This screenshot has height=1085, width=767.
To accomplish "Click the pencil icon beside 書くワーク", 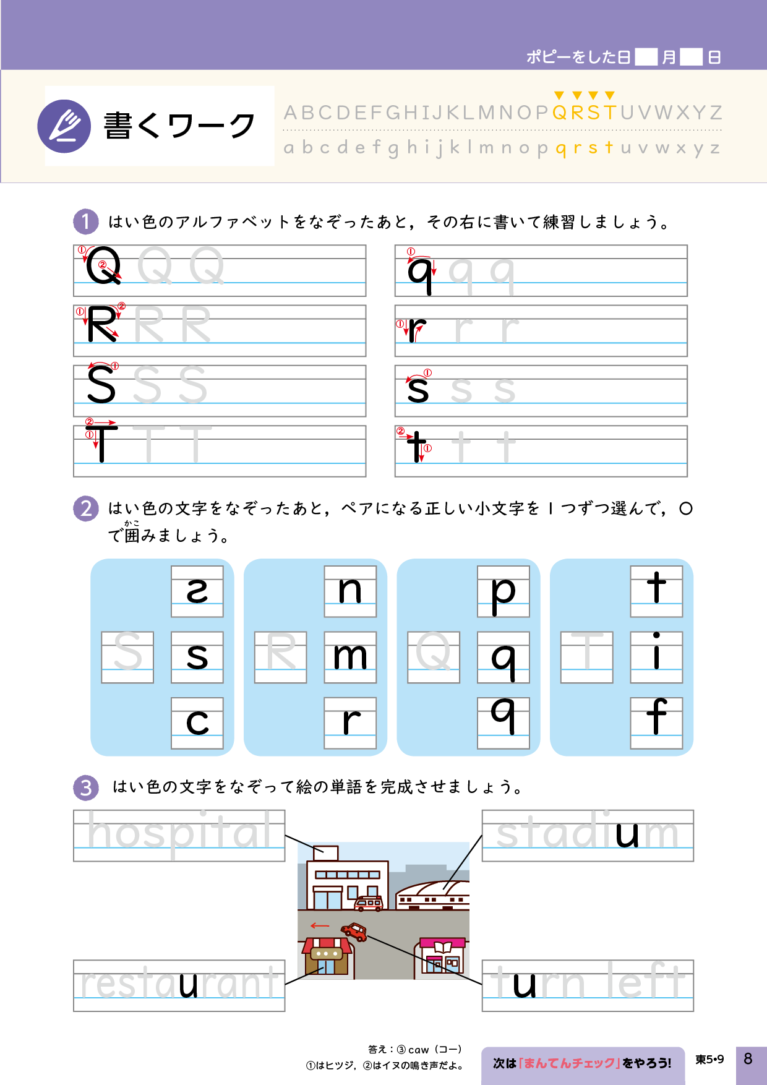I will click(64, 126).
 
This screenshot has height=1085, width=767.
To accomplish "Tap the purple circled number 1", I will click(85, 221).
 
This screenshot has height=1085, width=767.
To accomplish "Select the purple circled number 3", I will click(85, 787).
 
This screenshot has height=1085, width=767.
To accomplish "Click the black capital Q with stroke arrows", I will click(103, 266).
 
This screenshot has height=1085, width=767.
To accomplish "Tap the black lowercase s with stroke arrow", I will click(418, 388).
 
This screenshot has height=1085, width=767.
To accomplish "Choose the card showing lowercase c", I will click(197, 723).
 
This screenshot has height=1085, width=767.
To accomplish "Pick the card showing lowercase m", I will click(350, 657).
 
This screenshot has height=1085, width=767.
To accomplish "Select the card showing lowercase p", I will click(503, 591).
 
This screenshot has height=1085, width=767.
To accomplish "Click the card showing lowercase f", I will click(656, 723).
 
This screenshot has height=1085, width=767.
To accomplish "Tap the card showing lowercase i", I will click(656, 657).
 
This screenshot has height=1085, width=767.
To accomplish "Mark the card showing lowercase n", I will click(350, 591).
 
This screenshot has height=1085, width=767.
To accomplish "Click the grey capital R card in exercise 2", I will click(281, 657).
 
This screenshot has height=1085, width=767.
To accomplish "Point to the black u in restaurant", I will click(189, 984).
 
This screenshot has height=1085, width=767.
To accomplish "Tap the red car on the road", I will click(355, 931).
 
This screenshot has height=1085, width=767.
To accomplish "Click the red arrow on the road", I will click(319, 925).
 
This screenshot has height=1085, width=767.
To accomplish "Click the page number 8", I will click(748, 1058).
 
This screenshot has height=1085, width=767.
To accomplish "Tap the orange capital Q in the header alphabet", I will click(559, 113).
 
